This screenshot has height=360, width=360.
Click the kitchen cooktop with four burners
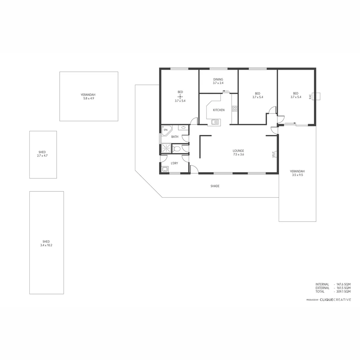pos(234,108)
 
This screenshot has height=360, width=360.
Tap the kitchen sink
pos(215,122)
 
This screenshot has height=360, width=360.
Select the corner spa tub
pos(166,130)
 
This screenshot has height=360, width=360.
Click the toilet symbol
pos(177,149)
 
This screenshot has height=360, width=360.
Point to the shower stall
pos(166,148)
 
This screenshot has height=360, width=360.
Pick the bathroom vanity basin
pos(183,127)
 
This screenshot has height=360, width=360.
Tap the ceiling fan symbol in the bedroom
pos(180,96)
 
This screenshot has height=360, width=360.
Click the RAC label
pos(310,96)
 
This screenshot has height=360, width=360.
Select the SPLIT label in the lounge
pos(273,154)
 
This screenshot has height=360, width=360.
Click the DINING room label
pos(218,79)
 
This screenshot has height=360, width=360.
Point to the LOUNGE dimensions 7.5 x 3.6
pos(238,154)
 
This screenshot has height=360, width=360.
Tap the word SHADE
pos(215,186)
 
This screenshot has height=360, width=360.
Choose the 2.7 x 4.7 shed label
pos(42,156)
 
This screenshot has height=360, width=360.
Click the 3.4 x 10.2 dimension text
pos(46,245)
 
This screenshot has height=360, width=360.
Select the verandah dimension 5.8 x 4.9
pos(88,98)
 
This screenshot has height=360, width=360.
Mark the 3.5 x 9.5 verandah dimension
pos(297,175)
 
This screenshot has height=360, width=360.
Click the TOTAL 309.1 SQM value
pos(343,291)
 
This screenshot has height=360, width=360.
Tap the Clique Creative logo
pos(335,300)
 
